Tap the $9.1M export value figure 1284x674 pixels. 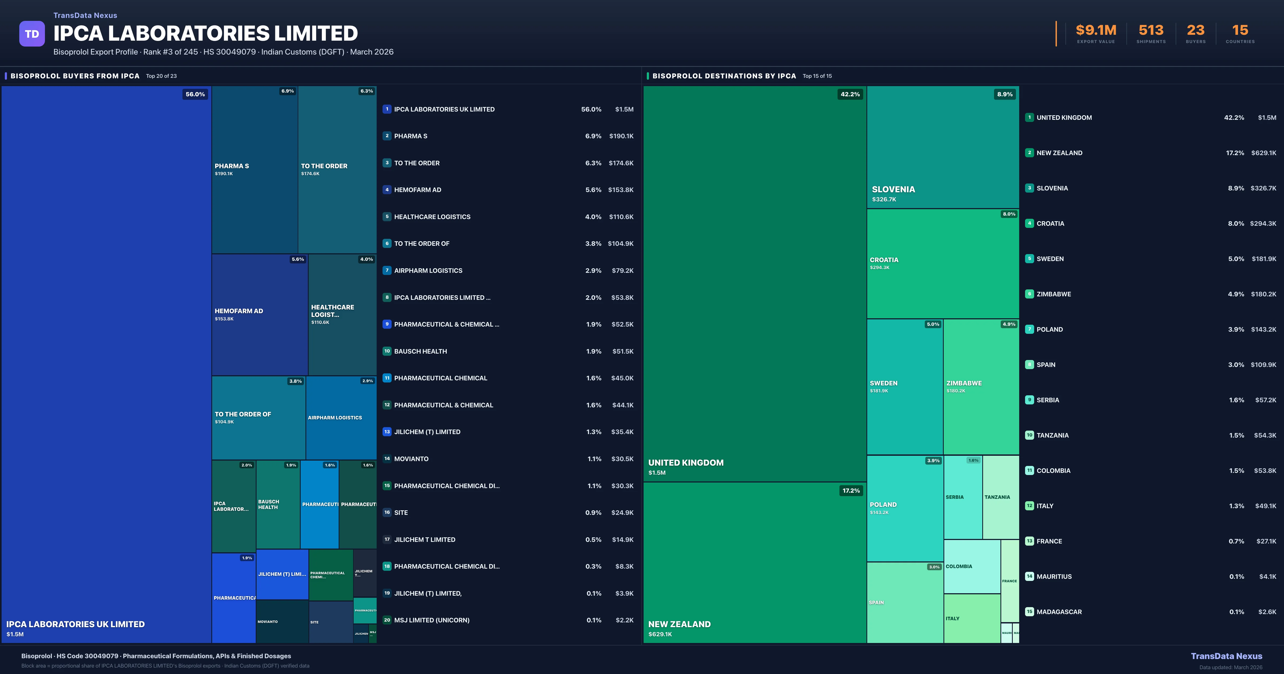pyautogui.click(x=1096, y=30)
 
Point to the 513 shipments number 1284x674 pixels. pyautogui.click(x=1151, y=30)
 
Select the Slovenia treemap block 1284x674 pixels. pyautogui.click(x=943, y=147)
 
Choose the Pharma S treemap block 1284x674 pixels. pyautogui.click(x=255, y=170)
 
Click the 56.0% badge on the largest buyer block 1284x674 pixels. pyautogui.click(x=195, y=94)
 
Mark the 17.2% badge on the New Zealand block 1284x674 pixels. pyautogui.click(x=851, y=491)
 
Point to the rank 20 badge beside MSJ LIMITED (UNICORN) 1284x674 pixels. pyautogui.click(x=387, y=620)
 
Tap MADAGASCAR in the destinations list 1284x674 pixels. pyautogui.click(x=1059, y=612)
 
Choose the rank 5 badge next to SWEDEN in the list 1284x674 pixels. pyautogui.click(x=1029, y=259)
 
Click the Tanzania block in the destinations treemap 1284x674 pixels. pyautogui.click(x=1000, y=497)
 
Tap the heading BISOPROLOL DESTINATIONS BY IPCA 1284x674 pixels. pyautogui.click(x=724, y=76)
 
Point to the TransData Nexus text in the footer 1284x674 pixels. pyautogui.click(x=1226, y=656)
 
